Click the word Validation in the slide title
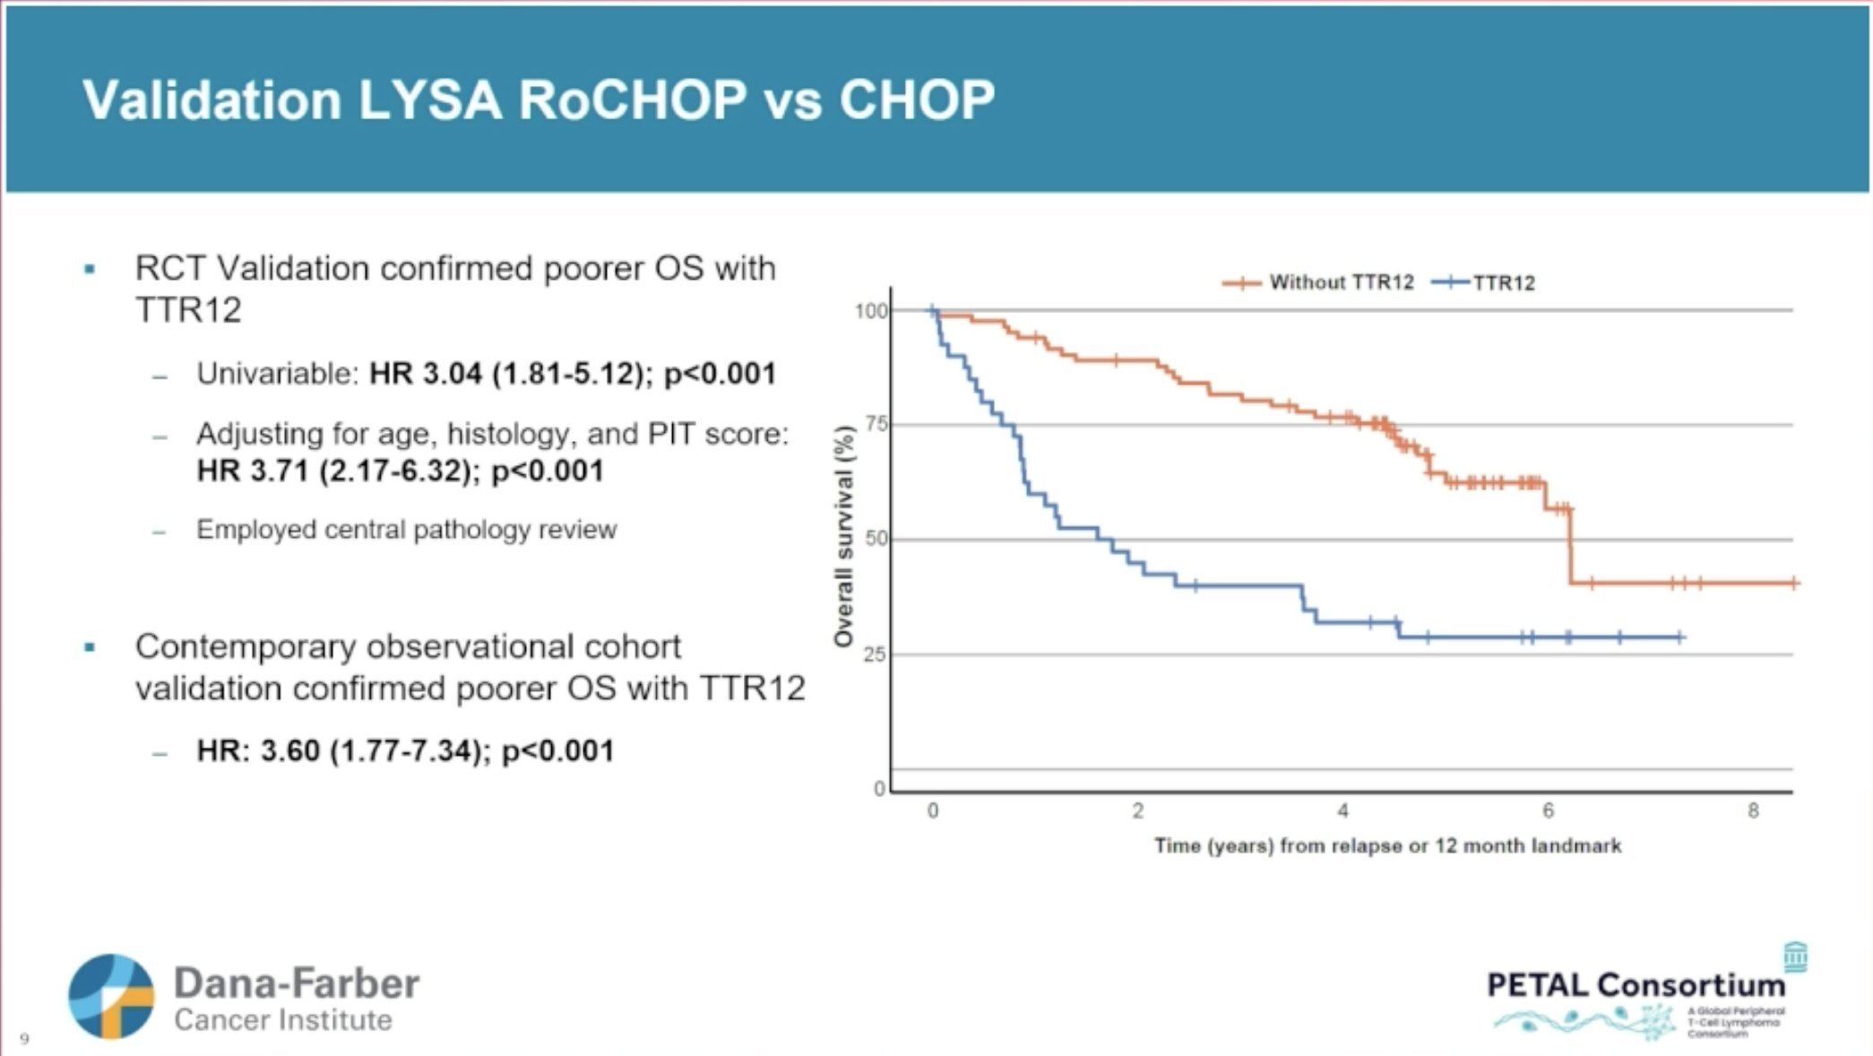211,100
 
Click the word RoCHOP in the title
632,100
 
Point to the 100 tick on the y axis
870,311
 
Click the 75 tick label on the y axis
876,424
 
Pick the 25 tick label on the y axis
876,654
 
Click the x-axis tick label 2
1137,811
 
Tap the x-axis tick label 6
1548,811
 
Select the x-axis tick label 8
1753,811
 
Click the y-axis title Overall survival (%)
843,536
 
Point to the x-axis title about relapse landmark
1387,846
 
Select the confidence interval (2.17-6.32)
394,471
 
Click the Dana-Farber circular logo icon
111,997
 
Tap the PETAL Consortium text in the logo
1636,985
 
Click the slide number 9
24,1039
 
